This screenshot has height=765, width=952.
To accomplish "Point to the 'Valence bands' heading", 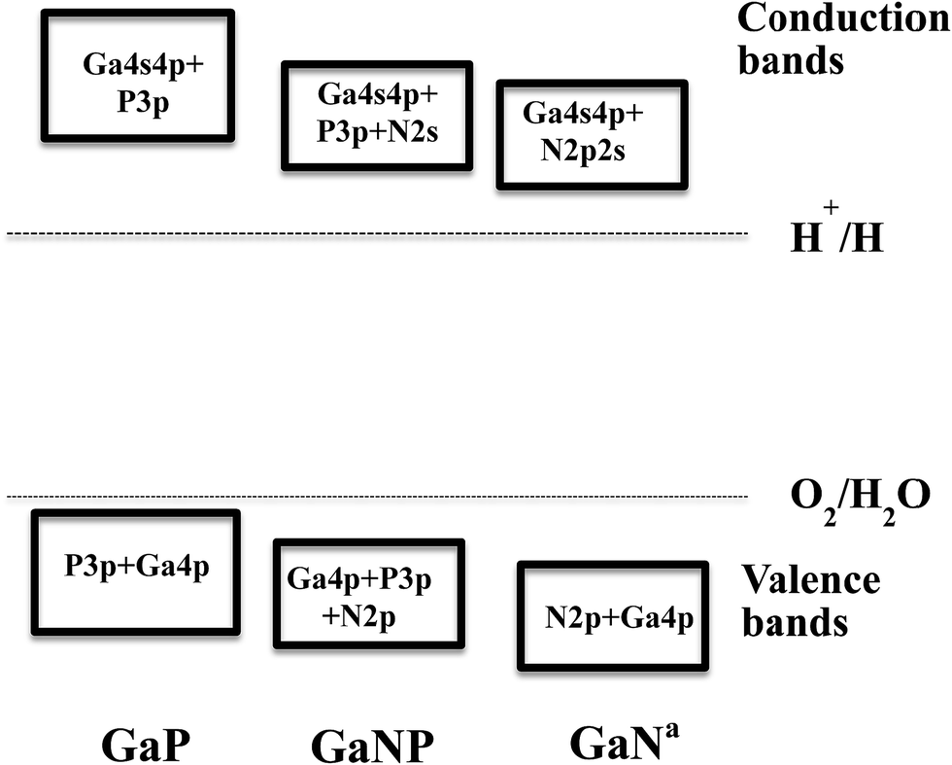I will coord(811,601).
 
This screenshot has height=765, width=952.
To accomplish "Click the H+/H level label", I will coord(836,236).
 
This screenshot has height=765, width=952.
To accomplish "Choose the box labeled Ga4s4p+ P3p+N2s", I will coord(377,113).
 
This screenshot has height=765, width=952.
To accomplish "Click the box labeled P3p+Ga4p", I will coord(136,573).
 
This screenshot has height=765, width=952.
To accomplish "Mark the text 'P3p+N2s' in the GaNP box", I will coord(378,129).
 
